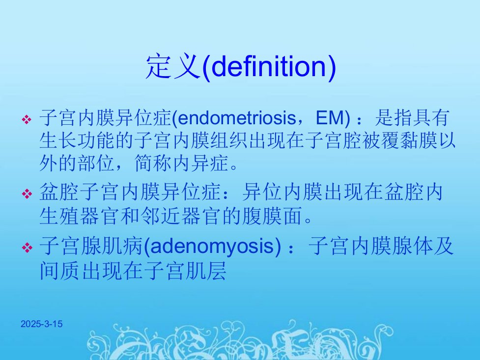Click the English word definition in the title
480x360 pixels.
[x=269, y=66]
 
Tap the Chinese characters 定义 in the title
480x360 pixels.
[x=173, y=66]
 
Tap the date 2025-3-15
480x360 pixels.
[x=42, y=324]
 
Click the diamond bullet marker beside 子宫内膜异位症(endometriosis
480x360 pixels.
[x=27, y=119]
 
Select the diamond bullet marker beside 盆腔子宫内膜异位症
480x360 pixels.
[x=27, y=194]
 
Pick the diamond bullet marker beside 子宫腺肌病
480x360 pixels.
[x=27, y=248]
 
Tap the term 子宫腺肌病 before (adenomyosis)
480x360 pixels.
[x=91, y=246]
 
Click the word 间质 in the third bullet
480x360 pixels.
[x=60, y=270]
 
